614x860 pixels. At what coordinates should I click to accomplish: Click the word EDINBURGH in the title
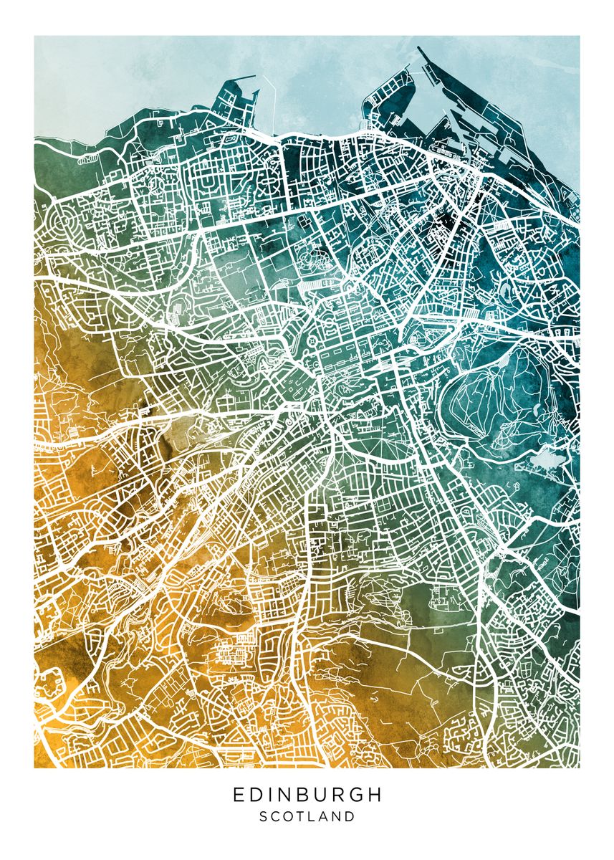tap(307, 795)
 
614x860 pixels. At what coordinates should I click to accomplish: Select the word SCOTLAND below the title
tap(307, 816)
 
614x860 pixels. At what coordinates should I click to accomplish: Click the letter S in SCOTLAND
tap(263, 816)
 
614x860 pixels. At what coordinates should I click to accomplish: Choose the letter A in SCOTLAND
tap(325, 816)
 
